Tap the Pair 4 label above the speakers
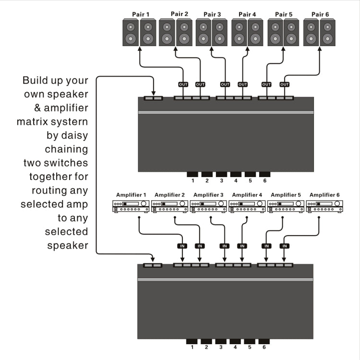coord(248,14)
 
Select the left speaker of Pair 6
coord(312,33)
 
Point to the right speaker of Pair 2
coord(184,33)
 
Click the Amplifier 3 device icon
coord(208,206)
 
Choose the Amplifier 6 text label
coord(324,195)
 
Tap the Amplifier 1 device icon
coord(131,206)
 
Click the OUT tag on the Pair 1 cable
coord(183,84)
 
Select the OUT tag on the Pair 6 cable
coord(285,84)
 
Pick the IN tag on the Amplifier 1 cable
coord(182,246)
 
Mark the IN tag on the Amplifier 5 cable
coord(266,246)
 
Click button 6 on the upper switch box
coord(264,174)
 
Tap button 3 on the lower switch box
coord(221,341)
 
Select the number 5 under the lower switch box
coord(250,347)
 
